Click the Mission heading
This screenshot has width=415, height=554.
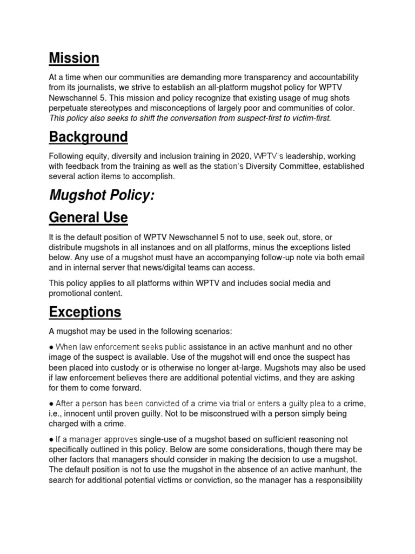pyautogui.click(x=74, y=58)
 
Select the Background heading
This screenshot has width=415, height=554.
pyautogui.click(x=88, y=137)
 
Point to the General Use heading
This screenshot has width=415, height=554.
pyautogui.click(x=88, y=217)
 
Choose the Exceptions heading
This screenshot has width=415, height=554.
pyautogui.click(x=85, y=312)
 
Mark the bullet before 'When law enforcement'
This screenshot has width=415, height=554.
pyautogui.click(x=51, y=347)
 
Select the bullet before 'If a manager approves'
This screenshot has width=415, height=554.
pyautogui.click(x=51, y=439)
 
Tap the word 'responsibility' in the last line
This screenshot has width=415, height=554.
pyautogui.click(x=338, y=480)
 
